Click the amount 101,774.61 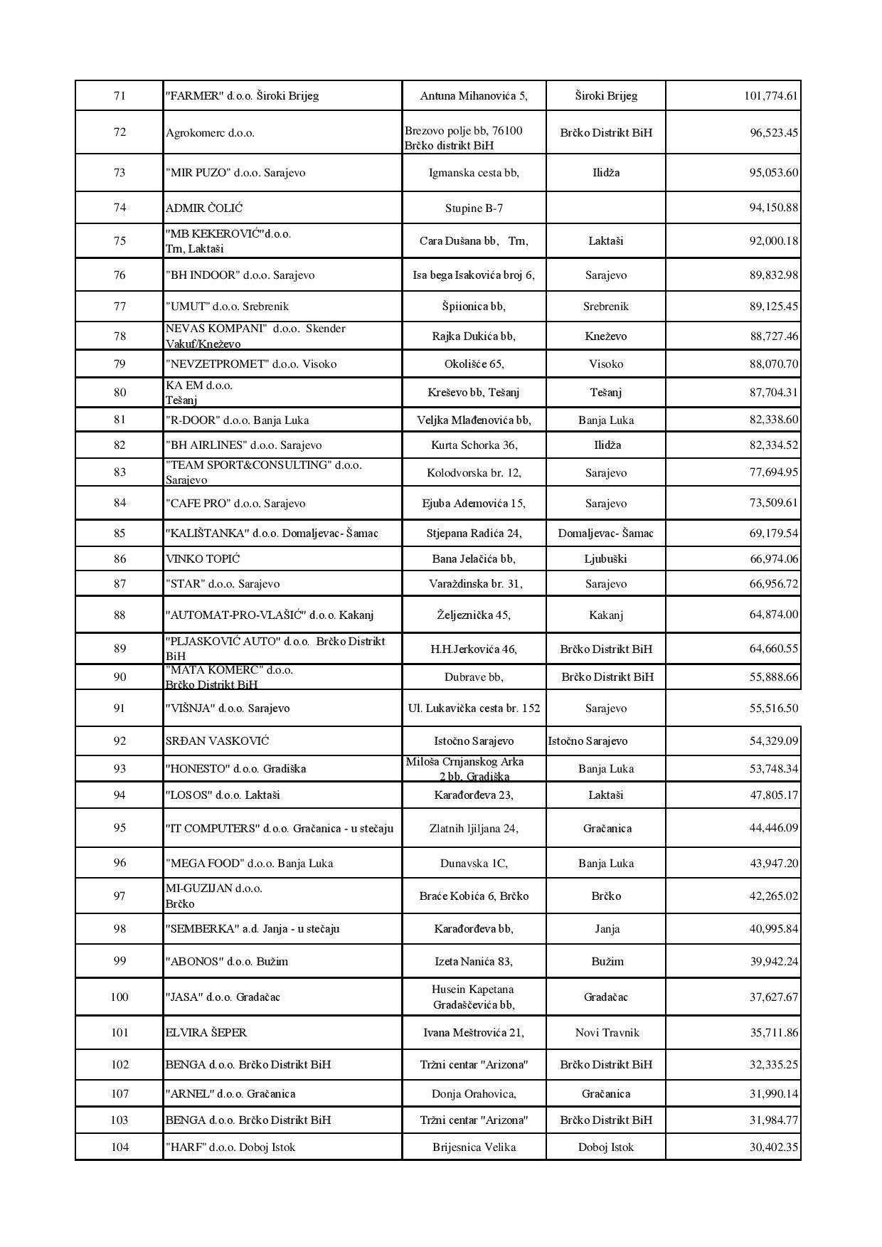(771, 96)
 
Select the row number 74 (119, 208)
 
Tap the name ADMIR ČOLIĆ (204, 208)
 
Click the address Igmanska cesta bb (474, 173)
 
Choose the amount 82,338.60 (773, 420)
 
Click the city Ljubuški (605, 559)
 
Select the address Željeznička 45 (474, 615)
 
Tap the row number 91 (119, 709)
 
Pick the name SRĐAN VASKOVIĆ (217, 741)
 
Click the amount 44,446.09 (773, 829)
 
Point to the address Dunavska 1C (474, 864)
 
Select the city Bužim (607, 962)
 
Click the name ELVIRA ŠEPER (206, 1033)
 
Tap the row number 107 (119, 1094)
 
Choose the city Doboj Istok (605, 1147)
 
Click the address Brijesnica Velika (474, 1147)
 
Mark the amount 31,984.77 (773, 1120)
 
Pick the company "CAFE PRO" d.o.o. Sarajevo (235, 504)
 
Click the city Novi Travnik (607, 1033)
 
